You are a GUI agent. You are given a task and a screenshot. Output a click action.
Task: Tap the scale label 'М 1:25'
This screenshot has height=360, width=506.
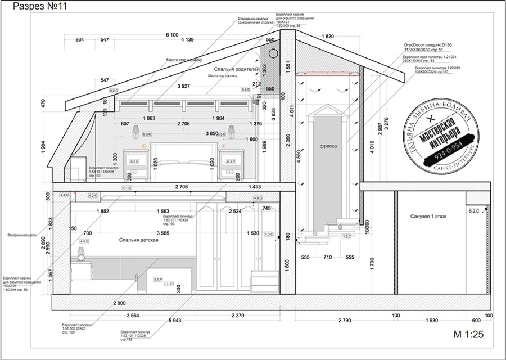click(468, 335)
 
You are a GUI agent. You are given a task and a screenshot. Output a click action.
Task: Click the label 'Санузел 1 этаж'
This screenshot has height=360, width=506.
click(428, 216)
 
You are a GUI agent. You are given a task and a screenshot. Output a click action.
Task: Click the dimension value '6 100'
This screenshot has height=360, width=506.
click(172, 35)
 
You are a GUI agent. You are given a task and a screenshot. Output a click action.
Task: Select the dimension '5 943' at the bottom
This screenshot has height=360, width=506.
click(175, 321)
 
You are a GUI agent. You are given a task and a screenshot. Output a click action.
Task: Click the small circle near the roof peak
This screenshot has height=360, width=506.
click(273, 53)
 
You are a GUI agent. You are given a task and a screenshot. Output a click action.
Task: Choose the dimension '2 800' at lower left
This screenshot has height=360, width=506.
click(119, 303)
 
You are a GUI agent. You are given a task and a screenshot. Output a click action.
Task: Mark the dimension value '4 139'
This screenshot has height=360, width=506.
click(188, 40)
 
